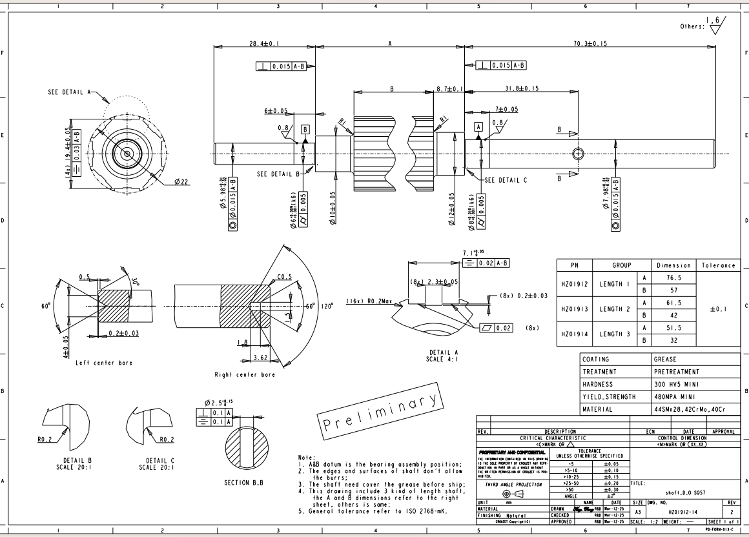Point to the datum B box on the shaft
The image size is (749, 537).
[305, 129]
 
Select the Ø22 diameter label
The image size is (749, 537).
[181, 182]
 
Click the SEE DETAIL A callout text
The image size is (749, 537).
[70, 92]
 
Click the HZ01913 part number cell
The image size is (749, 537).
[572, 309]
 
